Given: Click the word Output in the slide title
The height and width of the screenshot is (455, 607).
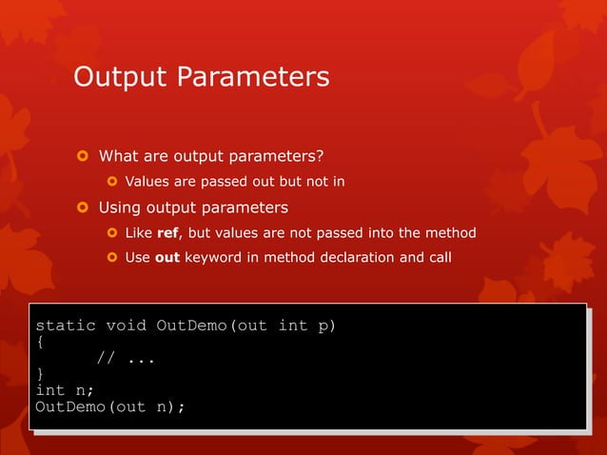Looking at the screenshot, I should click(120, 76).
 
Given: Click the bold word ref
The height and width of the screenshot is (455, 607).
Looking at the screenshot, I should click(167, 233).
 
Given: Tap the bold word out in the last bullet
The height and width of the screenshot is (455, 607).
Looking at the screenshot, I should click(167, 258).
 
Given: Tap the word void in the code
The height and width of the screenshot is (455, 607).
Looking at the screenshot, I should click(126, 326).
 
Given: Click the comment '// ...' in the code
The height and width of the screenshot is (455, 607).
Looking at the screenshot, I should click(126, 359).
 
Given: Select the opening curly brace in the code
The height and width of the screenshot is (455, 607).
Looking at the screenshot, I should click(40, 343).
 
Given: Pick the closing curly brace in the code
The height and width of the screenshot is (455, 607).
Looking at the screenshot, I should click(40, 375).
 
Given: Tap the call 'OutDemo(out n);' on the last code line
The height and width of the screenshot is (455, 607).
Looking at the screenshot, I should click(109, 407).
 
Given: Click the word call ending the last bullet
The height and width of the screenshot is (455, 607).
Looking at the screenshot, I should click(437, 258).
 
